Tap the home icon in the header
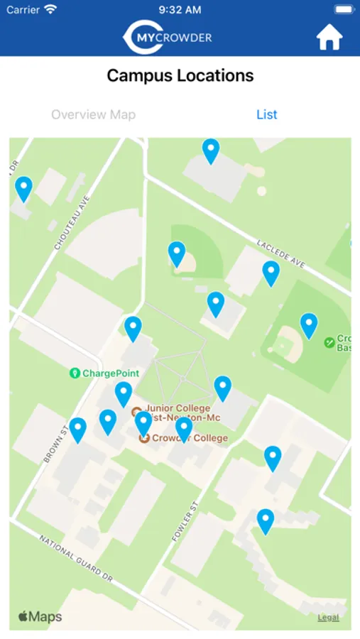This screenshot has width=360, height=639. point(329,37)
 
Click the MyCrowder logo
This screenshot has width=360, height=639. point(168,37)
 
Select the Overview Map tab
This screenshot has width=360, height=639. point(93,114)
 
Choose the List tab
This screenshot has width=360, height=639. point(267,114)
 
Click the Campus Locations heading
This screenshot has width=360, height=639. point(180,75)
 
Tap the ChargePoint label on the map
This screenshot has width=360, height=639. point(110,373)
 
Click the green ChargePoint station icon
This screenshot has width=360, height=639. point(75,373)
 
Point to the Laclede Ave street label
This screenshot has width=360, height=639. point(281,253)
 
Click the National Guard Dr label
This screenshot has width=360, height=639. point(76,559)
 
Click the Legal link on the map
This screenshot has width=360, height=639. point(328,618)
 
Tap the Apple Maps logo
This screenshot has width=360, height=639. point(40,616)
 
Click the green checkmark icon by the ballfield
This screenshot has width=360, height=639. point(329,342)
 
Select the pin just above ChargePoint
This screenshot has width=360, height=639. point(133,329)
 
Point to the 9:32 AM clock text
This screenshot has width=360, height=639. point(180,10)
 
